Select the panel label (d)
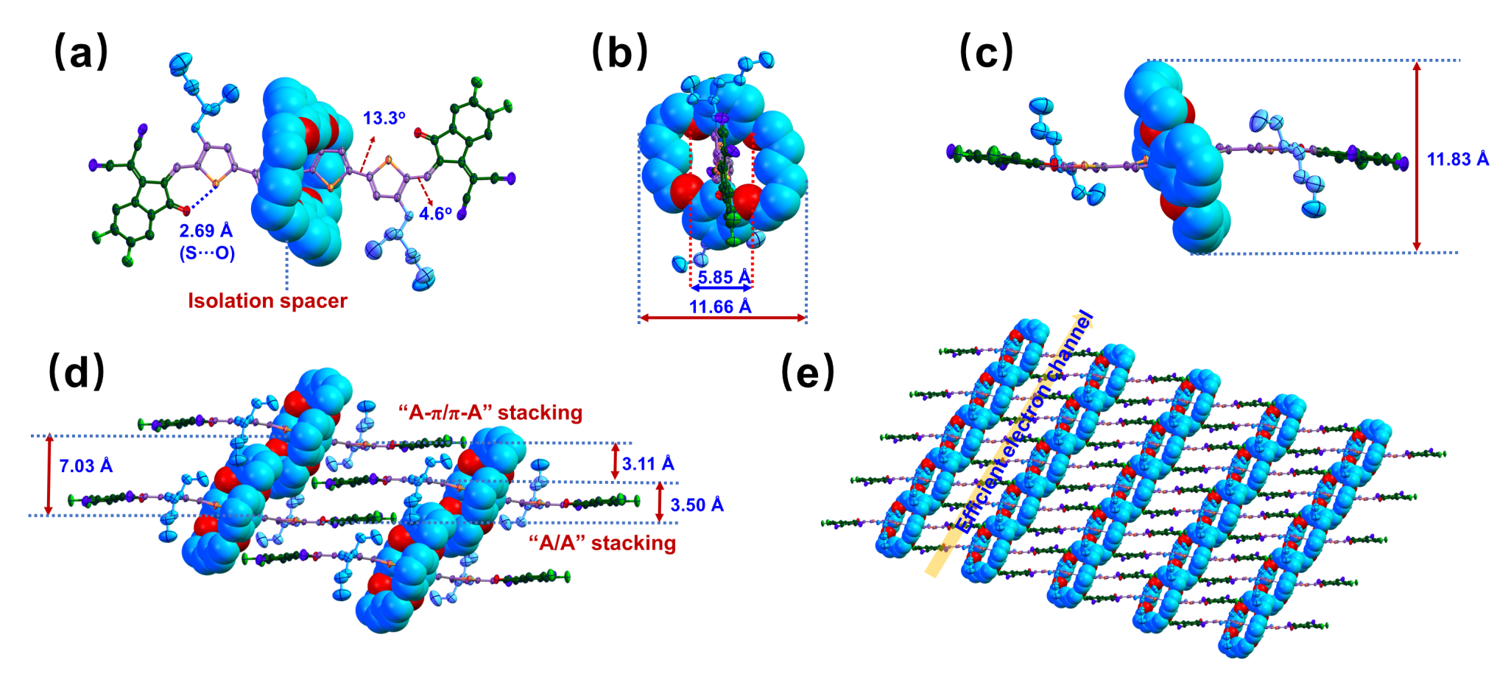(77, 371)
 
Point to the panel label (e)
(808, 371)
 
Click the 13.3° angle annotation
(384, 118)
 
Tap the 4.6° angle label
(435, 214)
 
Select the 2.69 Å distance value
(206, 231)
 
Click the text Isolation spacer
(267, 301)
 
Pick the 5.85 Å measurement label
(725, 277)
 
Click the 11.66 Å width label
(720, 306)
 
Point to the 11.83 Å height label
(1458, 159)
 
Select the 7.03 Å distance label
(86, 466)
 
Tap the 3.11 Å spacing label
(648, 463)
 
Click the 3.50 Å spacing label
(697, 505)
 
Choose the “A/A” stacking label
(602, 543)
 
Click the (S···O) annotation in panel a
(206, 253)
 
